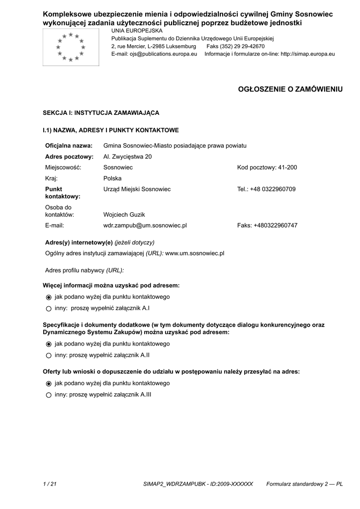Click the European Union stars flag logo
71,47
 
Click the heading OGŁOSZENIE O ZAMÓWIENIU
291,89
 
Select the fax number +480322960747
275,226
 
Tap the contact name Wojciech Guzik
124,215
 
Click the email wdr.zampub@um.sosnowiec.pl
145,226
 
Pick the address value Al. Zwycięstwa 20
127,157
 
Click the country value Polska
112,178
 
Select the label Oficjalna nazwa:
69,146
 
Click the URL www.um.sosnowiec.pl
194,254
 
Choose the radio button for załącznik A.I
49,309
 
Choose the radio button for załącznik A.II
49,355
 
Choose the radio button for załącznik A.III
49,395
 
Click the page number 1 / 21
50,484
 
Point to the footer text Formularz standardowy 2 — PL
304,484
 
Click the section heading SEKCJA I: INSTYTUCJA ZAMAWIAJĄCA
101,113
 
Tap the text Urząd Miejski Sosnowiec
137,189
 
